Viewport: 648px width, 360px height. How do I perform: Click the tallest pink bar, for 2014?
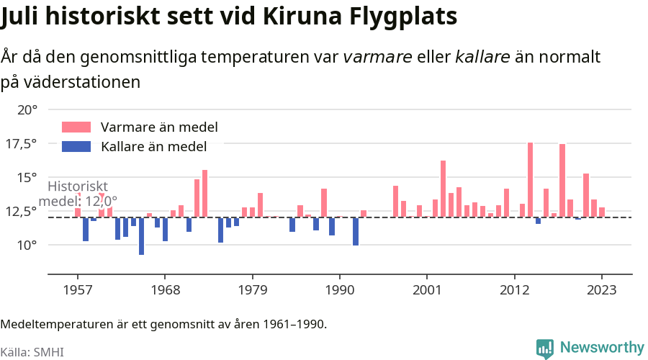pos(531,180)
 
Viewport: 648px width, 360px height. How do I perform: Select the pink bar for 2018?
pos(562,181)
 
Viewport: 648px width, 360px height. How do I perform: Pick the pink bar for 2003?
pos(443,189)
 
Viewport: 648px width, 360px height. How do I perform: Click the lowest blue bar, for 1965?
pos(142,235)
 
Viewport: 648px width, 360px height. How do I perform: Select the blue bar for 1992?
pos(356,231)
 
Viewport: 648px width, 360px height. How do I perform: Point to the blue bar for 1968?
pos(166,229)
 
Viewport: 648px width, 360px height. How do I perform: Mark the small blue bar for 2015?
pos(539,220)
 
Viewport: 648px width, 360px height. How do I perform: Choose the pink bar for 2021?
pos(586,195)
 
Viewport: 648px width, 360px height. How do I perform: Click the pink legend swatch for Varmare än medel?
pos(76,127)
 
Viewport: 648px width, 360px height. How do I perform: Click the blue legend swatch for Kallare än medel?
pos(76,147)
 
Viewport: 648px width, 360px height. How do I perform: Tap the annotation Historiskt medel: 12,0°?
pos(78,194)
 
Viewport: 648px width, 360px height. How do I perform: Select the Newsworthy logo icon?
pos(545,348)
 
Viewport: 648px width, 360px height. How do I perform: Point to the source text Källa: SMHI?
pos(32,352)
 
